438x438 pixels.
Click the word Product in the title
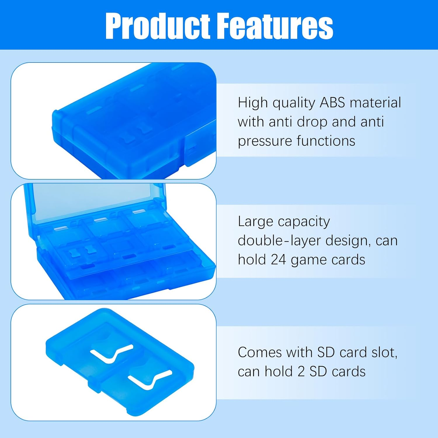(158, 26)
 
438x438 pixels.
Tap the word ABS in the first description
(332, 103)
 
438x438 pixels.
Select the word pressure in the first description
(265, 141)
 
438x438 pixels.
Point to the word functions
(326, 141)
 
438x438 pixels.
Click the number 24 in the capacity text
(278, 260)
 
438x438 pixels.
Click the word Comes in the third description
(260, 352)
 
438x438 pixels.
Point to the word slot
(384, 352)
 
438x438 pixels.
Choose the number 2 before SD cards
(301, 372)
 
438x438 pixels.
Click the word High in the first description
(253, 103)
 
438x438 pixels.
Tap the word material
(375, 103)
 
